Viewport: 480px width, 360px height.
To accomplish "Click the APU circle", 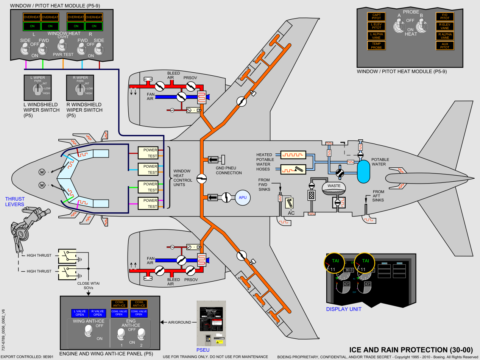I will (x=241, y=197).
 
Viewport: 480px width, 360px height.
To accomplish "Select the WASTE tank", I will (x=334, y=187).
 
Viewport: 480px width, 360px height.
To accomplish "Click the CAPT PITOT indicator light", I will (x=376, y=17).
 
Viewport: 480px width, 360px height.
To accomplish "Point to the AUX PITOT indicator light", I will (x=444, y=46).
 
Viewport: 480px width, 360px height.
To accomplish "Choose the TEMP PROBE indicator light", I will (x=376, y=46).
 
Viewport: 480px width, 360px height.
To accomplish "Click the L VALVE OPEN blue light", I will (x=79, y=313).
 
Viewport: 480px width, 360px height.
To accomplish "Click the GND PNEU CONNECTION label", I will (x=229, y=170).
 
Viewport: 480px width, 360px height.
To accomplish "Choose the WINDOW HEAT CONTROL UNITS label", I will (x=182, y=178).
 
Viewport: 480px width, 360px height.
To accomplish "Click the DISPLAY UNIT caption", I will (x=344, y=309).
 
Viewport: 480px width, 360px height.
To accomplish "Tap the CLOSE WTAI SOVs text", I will (x=88, y=285).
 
